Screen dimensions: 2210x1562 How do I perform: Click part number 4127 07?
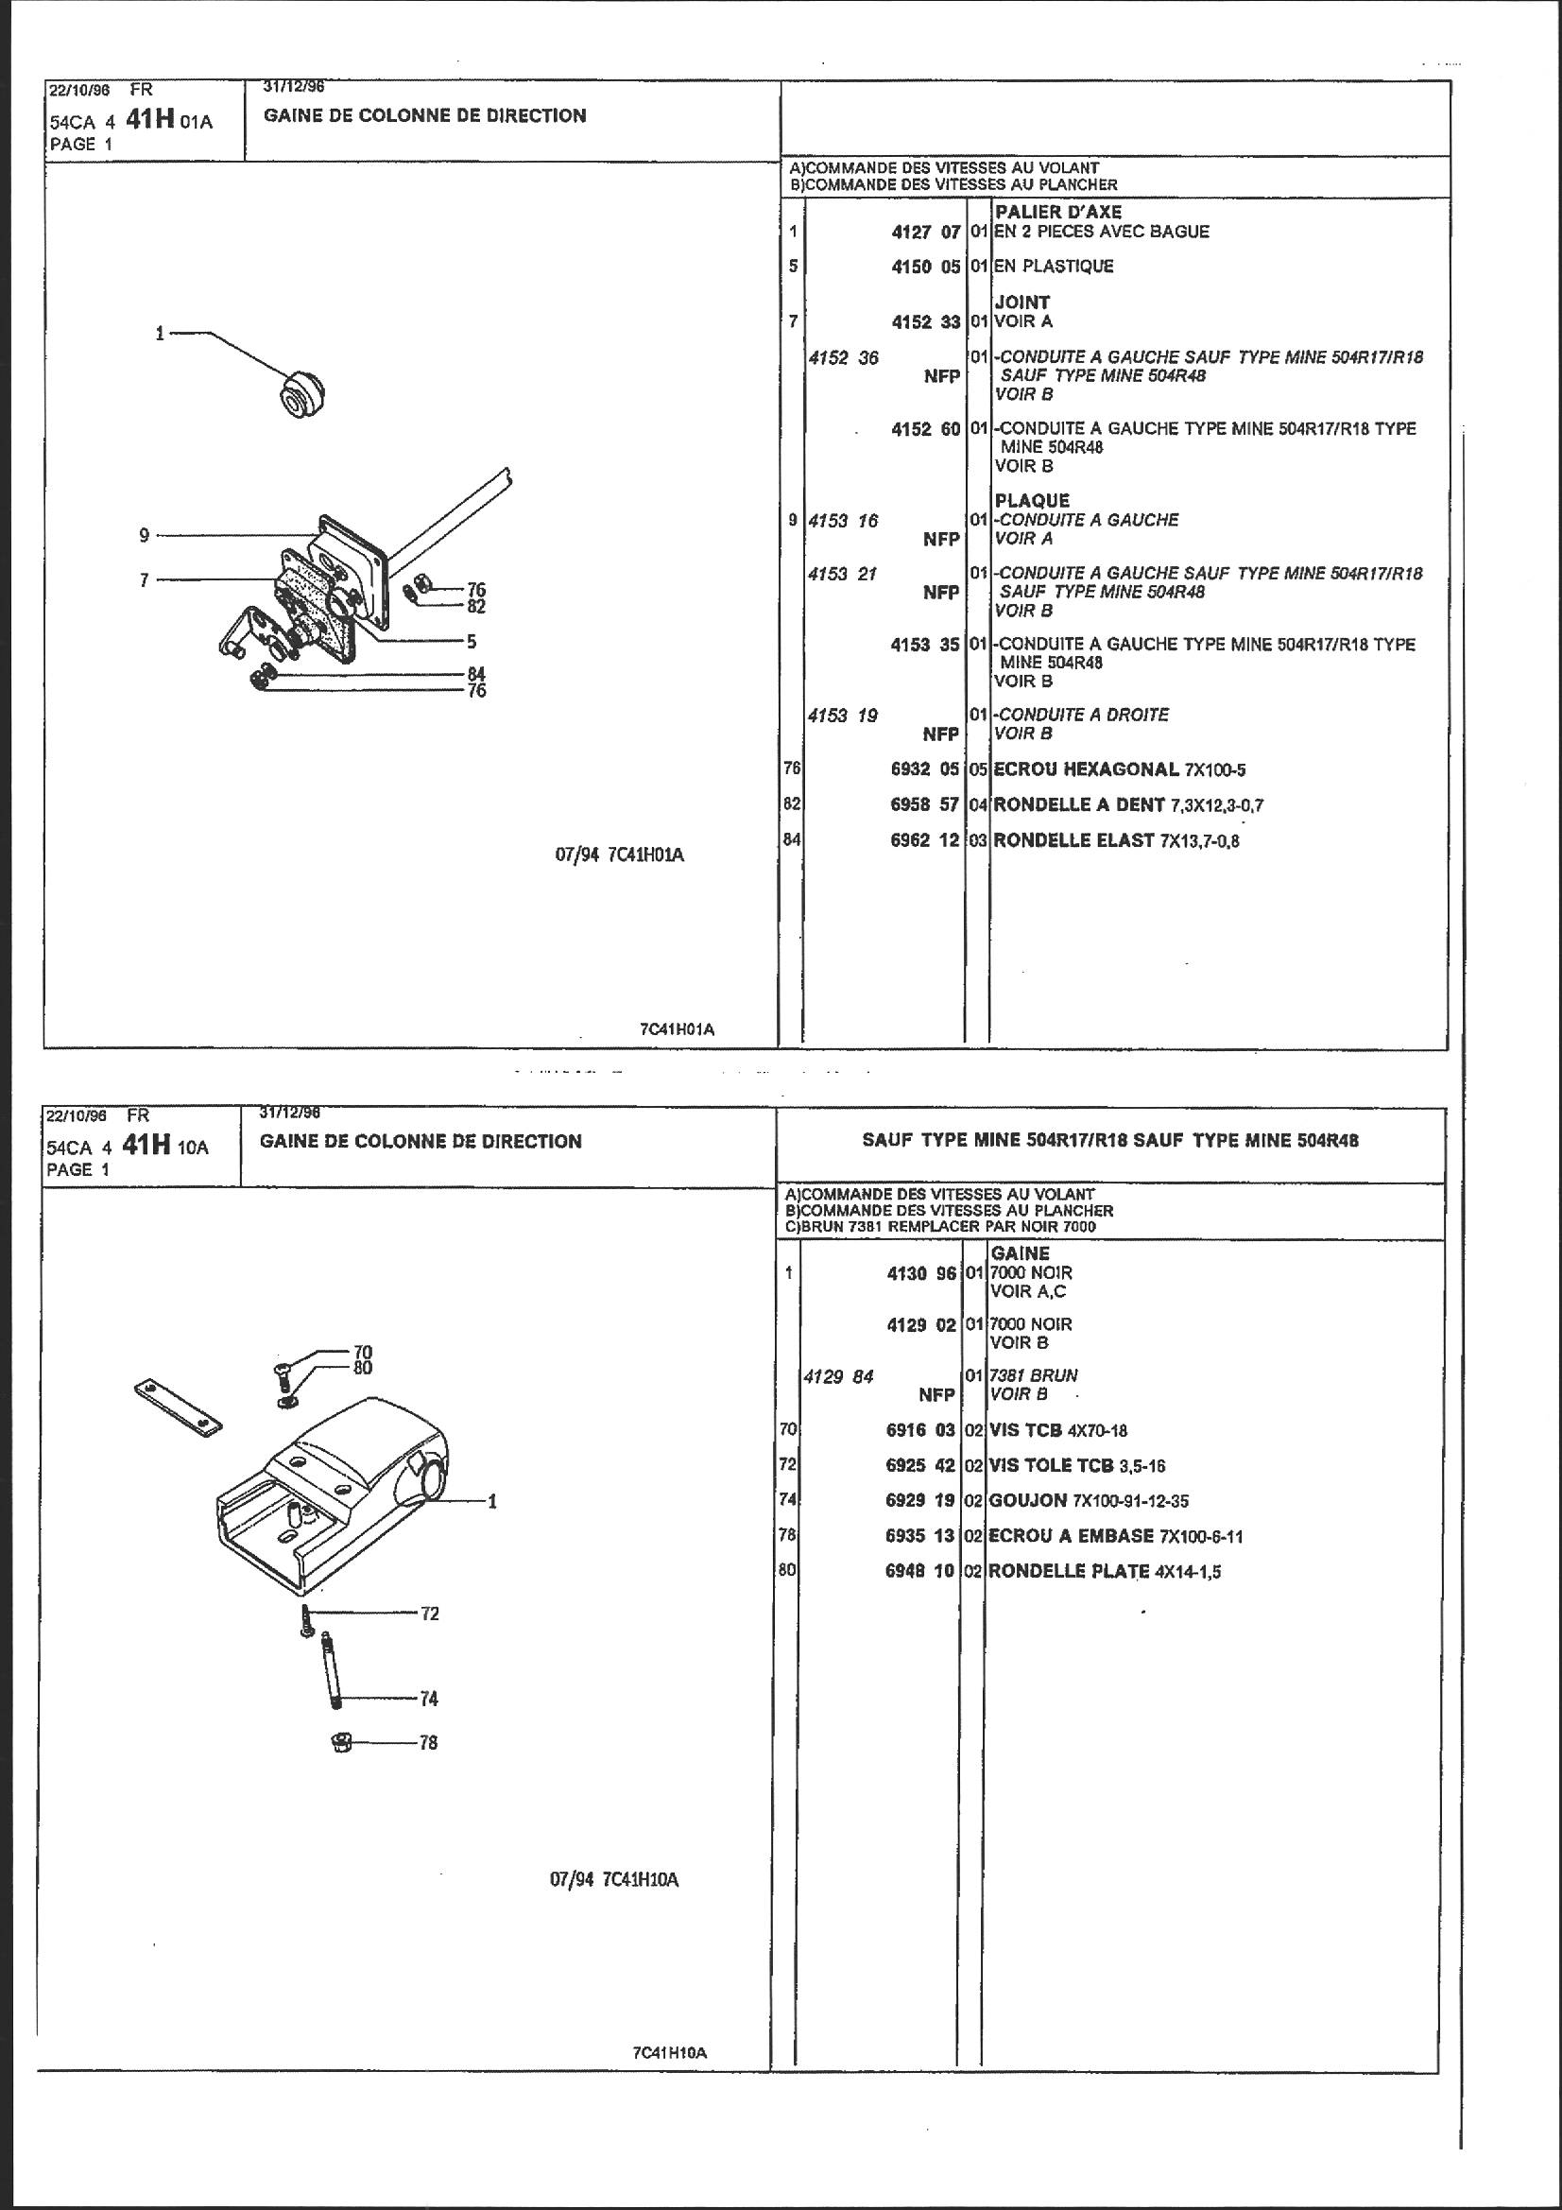coord(925,232)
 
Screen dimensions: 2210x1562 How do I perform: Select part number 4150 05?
coord(925,267)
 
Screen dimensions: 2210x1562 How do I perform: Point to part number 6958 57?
coord(925,804)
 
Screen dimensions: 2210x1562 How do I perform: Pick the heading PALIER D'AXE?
coord(1057,212)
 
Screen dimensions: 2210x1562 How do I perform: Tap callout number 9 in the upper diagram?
coord(144,535)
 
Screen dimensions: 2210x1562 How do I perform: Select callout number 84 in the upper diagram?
coord(476,674)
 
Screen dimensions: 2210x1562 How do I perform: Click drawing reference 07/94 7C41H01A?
coord(619,855)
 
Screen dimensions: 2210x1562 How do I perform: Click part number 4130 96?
coord(921,1273)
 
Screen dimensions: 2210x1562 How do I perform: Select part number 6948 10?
coord(919,1571)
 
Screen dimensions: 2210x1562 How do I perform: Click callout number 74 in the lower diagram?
coord(429,1699)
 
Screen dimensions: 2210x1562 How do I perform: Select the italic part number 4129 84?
coord(838,1377)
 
